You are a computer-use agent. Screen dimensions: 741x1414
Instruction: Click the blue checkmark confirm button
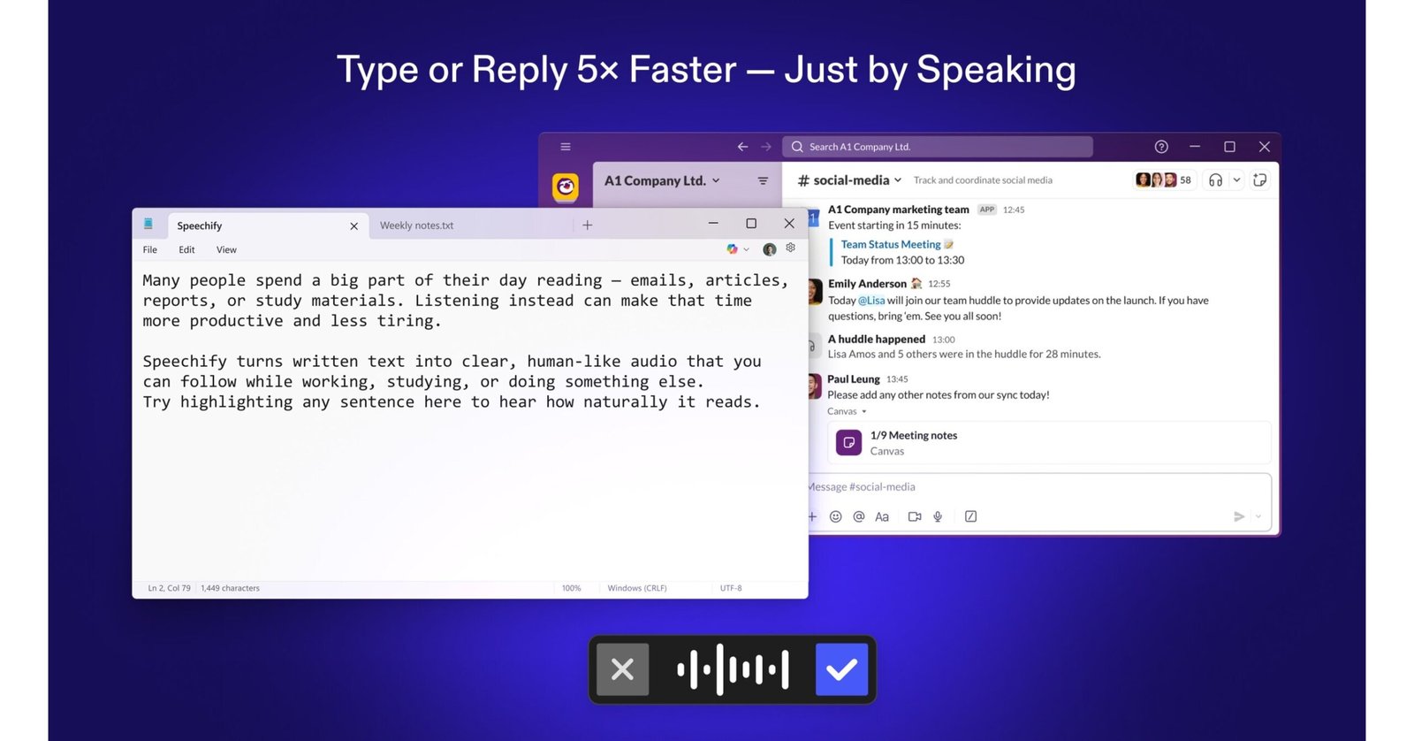pos(841,669)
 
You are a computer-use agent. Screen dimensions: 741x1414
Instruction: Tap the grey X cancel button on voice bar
pos(622,669)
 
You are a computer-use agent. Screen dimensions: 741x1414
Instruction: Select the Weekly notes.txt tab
pos(416,225)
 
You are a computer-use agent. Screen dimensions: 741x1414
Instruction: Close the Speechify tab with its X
pos(353,226)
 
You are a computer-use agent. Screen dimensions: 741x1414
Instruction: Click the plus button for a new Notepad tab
pos(587,225)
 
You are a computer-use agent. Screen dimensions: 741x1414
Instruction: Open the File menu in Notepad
pos(150,250)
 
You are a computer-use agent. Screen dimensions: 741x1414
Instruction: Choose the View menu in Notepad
pos(226,250)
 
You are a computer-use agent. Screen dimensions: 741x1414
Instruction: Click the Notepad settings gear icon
pos(790,248)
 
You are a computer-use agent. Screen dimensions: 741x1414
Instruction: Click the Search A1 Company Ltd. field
pos(937,147)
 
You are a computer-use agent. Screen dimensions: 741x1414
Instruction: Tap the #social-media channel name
pos(850,180)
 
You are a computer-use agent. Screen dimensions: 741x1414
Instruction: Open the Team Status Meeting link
pos(890,245)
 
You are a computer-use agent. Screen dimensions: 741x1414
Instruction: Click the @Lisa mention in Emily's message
pos(871,301)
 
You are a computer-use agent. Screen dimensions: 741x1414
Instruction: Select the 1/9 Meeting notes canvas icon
pos(848,442)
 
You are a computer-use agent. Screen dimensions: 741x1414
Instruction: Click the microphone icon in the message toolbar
pos(938,516)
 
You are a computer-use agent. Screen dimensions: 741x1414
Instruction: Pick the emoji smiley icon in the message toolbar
pos(835,516)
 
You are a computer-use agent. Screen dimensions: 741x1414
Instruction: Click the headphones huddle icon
pos(1215,180)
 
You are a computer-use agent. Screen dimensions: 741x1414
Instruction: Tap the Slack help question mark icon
pos(1161,147)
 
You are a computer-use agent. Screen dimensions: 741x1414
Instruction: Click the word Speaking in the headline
pos(996,70)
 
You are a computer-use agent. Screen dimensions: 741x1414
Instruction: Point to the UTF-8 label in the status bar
pos(731,588)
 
